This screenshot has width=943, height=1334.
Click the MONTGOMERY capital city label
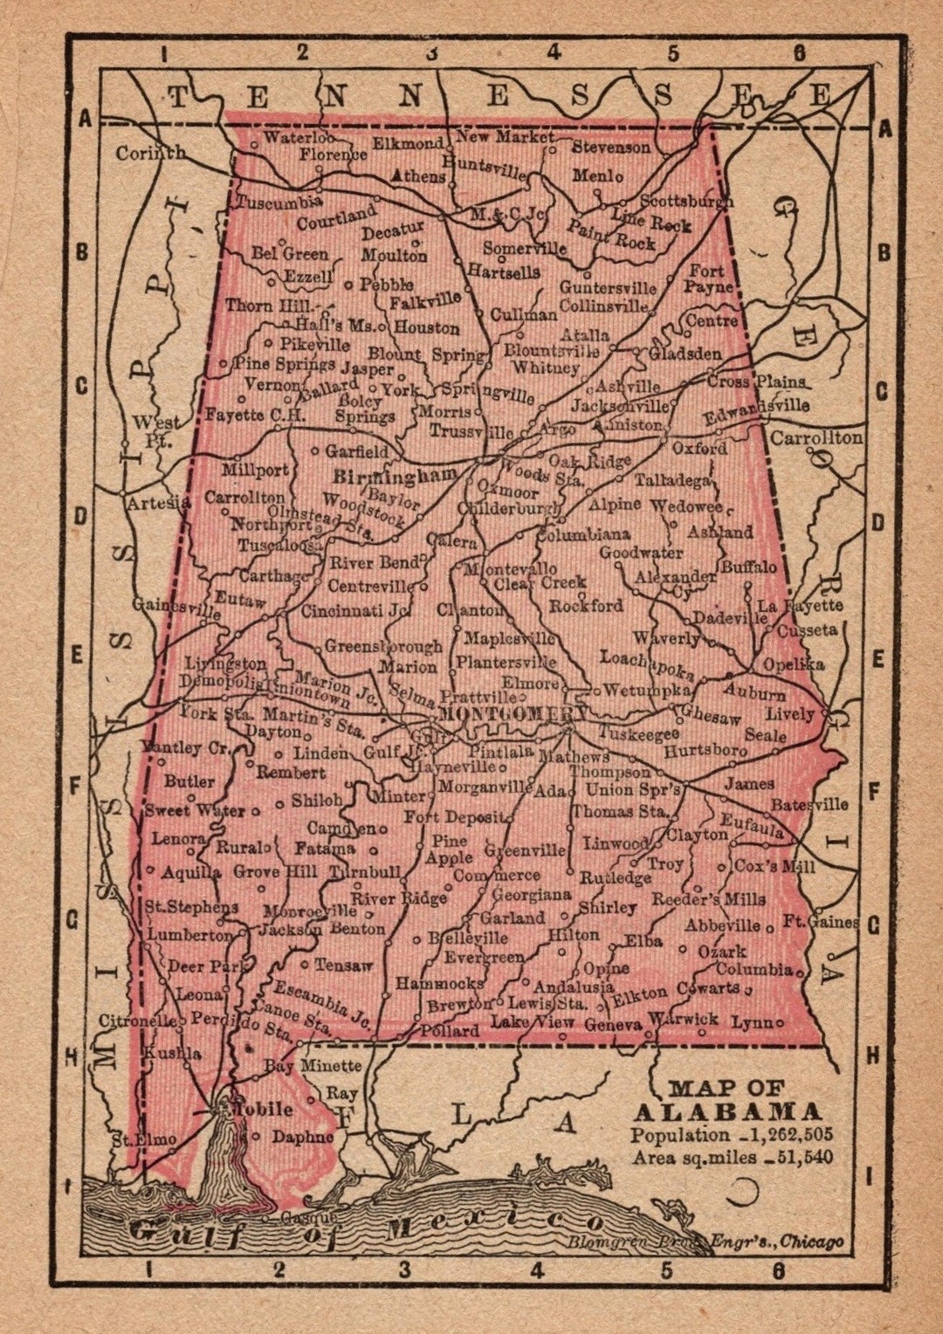(513, 713)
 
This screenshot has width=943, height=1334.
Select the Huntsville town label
(485, 167)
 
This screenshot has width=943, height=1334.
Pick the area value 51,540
(804, 1158)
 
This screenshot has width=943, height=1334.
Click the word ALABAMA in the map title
(727, 1111)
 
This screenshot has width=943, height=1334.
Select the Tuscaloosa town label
(280, 544)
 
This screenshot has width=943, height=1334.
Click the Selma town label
(412, 695)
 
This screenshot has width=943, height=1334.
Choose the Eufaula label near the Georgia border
(752, 825)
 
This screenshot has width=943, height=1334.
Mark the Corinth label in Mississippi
(150, 154)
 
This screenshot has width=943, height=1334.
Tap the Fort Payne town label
(708, 278)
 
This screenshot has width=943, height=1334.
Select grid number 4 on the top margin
(554, 52)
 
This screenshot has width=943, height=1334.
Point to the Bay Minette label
(313, 1065)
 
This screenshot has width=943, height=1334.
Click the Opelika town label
(793, 664)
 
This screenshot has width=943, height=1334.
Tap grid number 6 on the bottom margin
(777, 1270)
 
